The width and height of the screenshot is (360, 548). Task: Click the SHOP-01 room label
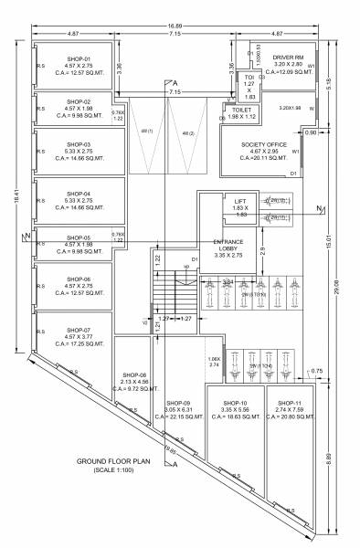75,58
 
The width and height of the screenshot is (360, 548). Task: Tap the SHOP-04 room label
75,194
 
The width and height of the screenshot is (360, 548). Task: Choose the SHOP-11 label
289,403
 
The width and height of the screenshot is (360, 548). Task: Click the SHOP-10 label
237,403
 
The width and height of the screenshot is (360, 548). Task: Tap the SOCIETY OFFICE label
263,144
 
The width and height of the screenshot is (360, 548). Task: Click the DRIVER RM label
287,56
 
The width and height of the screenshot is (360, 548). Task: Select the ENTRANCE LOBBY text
228,245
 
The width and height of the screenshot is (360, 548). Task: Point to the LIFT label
240,201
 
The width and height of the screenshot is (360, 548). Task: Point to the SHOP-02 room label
75,102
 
